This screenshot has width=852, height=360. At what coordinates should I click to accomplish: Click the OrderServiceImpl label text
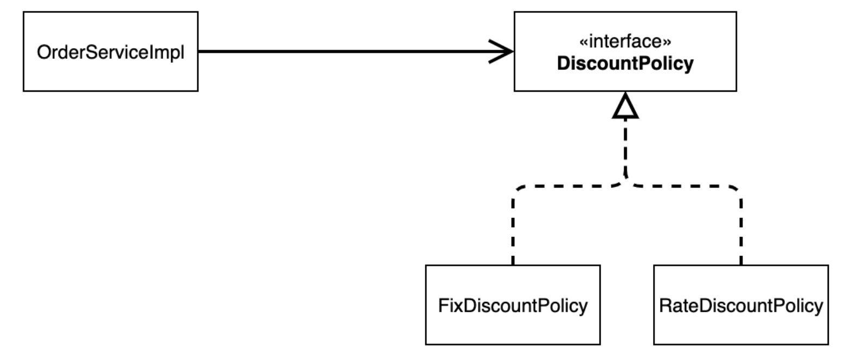(111, 53)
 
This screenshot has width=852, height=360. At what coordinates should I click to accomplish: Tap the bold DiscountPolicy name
(625, 63)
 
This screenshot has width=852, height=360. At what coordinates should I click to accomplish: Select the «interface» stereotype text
(625, 41)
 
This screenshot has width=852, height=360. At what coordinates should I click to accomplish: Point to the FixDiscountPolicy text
(513, 306)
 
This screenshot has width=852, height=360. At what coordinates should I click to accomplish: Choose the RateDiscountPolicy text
(741, 306)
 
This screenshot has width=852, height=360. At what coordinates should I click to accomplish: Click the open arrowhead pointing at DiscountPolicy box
(501, 52)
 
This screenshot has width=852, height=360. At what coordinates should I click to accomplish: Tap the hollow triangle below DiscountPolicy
(625, 105)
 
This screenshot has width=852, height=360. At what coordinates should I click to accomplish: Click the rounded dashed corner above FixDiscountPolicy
(517, 190)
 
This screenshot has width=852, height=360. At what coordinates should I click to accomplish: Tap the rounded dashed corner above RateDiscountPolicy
(737, 190)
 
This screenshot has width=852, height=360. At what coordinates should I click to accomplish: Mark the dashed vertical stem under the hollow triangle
(625, 146)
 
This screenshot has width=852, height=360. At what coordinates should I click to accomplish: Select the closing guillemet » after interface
(667, 42)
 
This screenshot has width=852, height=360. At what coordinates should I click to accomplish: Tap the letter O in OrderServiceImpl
(44, 53)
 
